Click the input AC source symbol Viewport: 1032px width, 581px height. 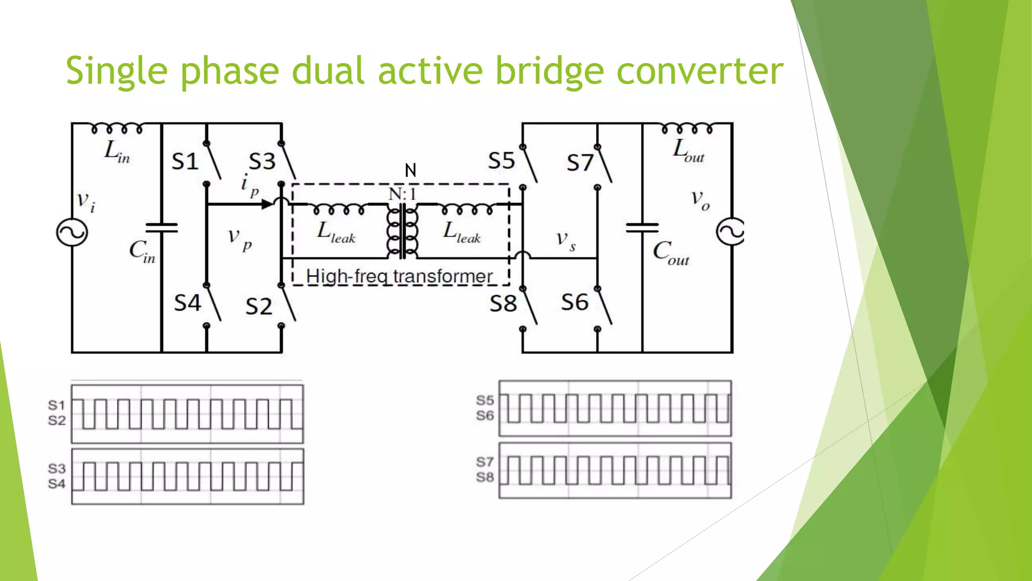72,233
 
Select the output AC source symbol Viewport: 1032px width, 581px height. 731,231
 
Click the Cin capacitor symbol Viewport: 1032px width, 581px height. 161,228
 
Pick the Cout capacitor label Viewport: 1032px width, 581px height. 671,252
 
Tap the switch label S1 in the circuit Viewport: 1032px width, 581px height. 185,162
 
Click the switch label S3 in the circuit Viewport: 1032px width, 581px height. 262,162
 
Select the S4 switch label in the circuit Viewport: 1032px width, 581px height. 187,303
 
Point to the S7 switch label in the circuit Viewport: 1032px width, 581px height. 580,163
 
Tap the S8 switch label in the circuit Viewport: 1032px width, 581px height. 503,304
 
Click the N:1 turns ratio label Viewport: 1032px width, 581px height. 402,194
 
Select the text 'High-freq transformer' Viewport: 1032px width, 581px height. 399,276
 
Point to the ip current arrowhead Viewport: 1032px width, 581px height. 267,204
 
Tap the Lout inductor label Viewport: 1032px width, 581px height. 688,150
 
